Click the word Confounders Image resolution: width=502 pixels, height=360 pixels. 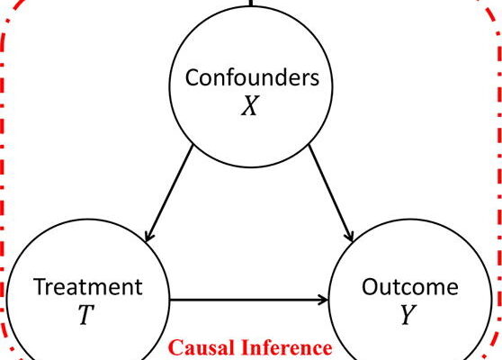coord(252,77)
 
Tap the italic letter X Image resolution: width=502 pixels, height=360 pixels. coord(250,105)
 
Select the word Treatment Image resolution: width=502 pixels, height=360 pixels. coord(88,287)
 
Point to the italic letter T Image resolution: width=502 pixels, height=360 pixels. coord(86,314)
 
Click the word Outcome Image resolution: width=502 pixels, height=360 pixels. coord(410,287)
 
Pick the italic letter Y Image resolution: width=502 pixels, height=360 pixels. coord(408,314)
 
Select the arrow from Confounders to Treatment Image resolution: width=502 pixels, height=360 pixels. coord(169,193)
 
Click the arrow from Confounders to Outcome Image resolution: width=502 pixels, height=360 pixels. coord(331,193)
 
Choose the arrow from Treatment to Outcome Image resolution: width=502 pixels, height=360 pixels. coord(248,300)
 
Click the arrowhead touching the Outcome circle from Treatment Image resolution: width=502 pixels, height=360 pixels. coord(323,300)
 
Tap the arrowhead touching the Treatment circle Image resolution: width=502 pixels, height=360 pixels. coord(148,237)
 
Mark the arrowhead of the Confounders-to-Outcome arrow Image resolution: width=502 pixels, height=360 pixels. coord(350,237)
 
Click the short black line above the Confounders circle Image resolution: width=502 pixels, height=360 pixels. coord(251,3)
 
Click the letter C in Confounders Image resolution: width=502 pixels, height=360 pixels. coord(193,77)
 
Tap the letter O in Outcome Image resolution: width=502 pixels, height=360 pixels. coord(370,287)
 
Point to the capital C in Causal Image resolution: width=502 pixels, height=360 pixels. coord(175,347)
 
